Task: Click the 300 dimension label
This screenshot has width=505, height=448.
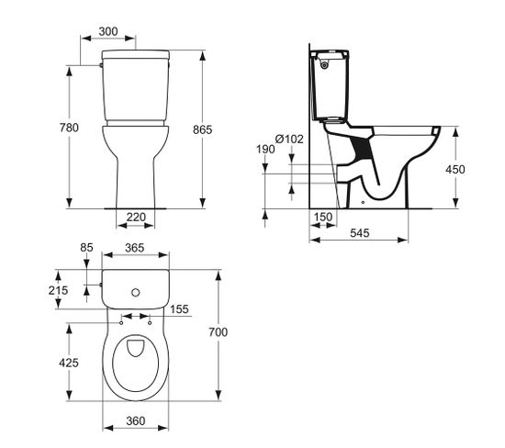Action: pyautogui.click(x=109, y=31)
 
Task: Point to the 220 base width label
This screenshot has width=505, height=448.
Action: pyautogui.click(x=136, y=218)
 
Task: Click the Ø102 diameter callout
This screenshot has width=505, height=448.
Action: pyautogui.click(x=288, y=139)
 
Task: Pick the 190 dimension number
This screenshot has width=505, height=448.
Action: pyautogui.click(x=266, y=149)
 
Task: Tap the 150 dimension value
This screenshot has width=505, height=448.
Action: pyautogui.click(x=323, y=218)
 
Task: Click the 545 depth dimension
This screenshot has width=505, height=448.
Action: pyautogui.click(x=359, y=235)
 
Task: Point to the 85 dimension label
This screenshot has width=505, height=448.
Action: pyautogui.click(x=87, y=246)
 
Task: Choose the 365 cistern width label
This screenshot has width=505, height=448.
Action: pyautogui.click(x=135, y=249)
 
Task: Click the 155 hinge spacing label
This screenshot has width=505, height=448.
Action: pyautogui.click(x=179, y=310)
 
